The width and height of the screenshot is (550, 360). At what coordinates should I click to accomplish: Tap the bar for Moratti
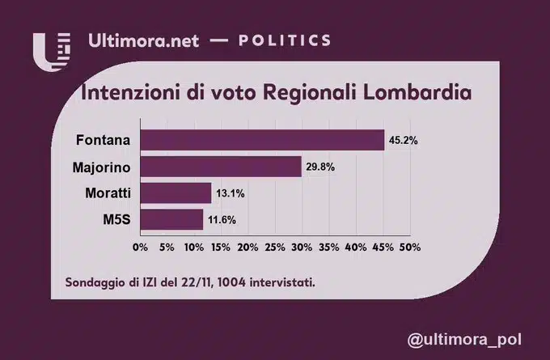point(176,193)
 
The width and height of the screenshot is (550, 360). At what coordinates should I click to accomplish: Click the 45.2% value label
point(403,140)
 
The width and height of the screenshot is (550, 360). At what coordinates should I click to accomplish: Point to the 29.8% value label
point(320,167)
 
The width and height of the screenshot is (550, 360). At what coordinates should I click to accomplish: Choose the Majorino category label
point(100,167)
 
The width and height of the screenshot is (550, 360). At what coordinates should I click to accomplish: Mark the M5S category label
point(117,219)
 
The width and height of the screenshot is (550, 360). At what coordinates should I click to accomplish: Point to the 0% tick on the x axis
point(140,245)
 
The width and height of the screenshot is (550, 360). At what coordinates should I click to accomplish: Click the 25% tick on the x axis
point(274,245)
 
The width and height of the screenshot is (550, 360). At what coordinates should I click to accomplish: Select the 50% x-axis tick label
point(409,245)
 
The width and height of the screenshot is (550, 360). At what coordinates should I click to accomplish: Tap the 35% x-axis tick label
point(328,245)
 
